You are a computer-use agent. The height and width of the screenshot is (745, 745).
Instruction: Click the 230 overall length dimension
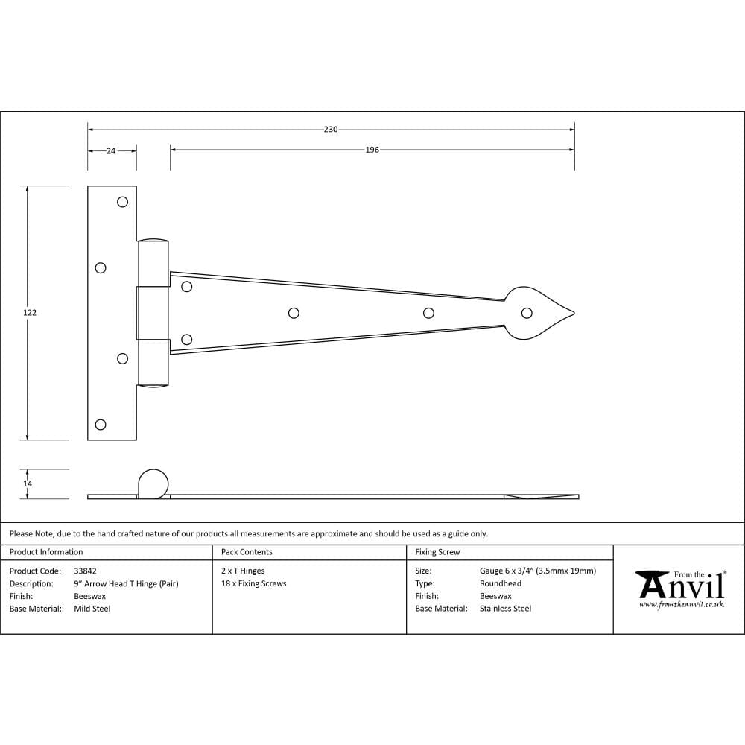(x=331, y=130)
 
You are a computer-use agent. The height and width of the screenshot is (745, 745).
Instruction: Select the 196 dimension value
(x=372, y=150)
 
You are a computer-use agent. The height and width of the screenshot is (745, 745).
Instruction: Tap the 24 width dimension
(x=111, y=150)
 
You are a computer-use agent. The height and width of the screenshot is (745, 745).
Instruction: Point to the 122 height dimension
(x=30, y=313)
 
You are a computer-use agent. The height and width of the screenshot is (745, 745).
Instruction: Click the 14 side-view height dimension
(x=28, y=484)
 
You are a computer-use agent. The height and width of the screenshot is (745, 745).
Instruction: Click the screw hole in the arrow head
(x=527, y=313)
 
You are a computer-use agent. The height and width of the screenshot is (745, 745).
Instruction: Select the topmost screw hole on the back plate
(x=123, y=201)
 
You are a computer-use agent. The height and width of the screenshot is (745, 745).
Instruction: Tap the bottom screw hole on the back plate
(x=101, y=425)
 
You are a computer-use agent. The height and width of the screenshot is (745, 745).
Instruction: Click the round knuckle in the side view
(x=153, y=483)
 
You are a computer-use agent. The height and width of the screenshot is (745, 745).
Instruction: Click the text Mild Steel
(x=92, y=609)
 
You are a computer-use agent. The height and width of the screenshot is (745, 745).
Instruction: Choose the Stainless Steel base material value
(x=505, y=609)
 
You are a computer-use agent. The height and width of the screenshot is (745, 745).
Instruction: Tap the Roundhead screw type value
(x=500, y=583)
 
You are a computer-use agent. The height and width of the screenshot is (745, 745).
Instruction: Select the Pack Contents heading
(x=247, y=552)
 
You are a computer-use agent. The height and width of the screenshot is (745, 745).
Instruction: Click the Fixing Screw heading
(x=437, y=552)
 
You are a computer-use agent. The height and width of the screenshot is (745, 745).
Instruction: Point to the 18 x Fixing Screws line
(x=253, y=583)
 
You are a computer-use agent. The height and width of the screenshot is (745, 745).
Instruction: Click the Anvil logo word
(x=682, y=586)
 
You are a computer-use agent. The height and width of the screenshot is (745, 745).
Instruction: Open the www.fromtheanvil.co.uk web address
(x=681, y=605)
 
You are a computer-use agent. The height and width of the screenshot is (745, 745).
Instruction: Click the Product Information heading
(x=46, y=552)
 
